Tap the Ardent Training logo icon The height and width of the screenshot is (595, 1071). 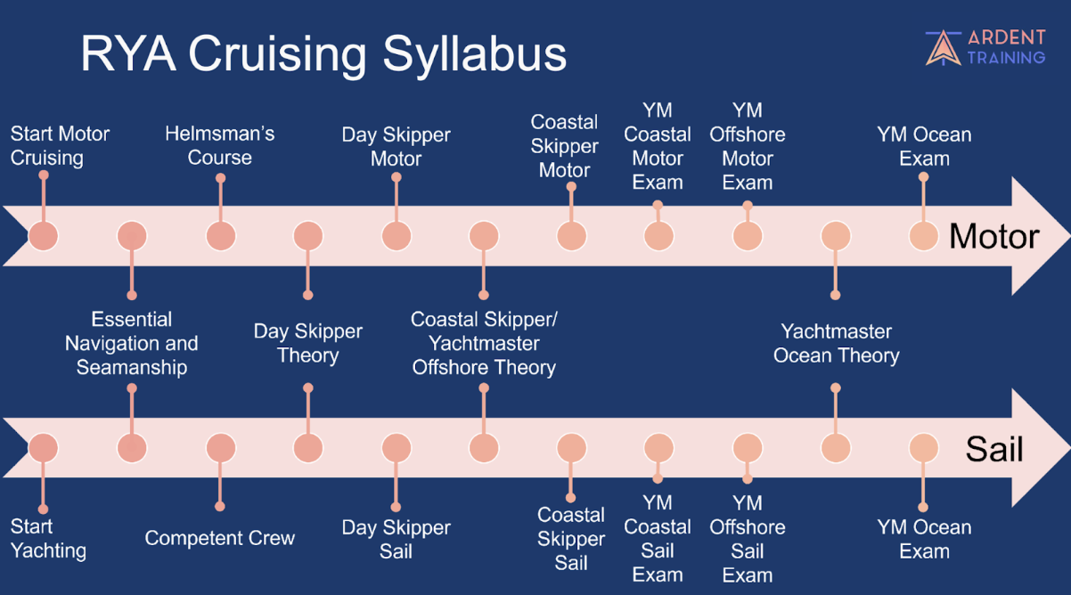click(943, 47)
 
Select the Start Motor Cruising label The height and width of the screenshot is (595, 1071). click(60, 146)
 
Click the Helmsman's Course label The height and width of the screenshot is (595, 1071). click(220, 146)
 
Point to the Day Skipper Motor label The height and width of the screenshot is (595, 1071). click(396, 147)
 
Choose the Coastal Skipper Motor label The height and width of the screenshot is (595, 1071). click(564, 146)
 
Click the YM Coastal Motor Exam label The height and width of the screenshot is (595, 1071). click(658, 147)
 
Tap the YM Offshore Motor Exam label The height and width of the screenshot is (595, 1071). click(747, 147)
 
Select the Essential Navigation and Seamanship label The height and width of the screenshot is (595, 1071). click(132, 343)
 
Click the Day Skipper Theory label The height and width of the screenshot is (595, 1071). click(307, 343)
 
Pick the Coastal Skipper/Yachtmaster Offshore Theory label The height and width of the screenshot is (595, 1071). click(484, 343)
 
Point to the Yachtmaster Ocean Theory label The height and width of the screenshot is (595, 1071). click(836, 343)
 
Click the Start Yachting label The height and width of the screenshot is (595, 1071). click(48, 538)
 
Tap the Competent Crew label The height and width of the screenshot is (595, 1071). click(220, 538)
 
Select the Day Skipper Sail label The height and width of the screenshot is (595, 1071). click(396, 539)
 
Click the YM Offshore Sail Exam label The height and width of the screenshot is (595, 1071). click(747, 539)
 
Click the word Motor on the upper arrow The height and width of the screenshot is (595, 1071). click(993, 237)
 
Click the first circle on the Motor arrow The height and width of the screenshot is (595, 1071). click(43, 236)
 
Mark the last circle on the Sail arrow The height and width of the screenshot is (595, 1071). click(924, 448)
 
